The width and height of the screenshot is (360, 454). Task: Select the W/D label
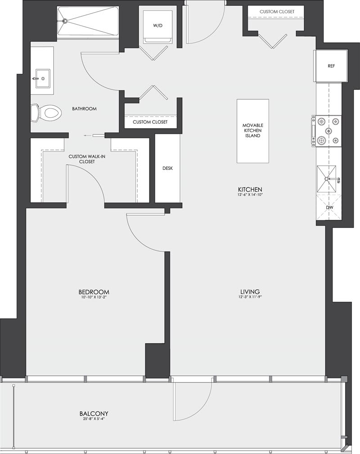(x=157, y=26)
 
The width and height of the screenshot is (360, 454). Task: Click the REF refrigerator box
(x=331, y=66)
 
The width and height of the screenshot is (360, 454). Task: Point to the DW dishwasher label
(x=330, y=208)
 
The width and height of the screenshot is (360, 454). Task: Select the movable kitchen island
(x=252, y=131)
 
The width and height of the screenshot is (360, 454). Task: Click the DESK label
(x=167, y=168)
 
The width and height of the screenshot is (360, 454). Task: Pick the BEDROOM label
(x=94, y=292)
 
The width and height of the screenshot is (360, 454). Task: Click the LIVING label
(x=251, y=291)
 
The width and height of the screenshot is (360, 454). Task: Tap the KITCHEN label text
(x=251, y=189)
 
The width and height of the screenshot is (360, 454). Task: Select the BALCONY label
(x=94, y=414)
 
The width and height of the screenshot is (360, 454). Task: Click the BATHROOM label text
(x=84, y=109)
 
